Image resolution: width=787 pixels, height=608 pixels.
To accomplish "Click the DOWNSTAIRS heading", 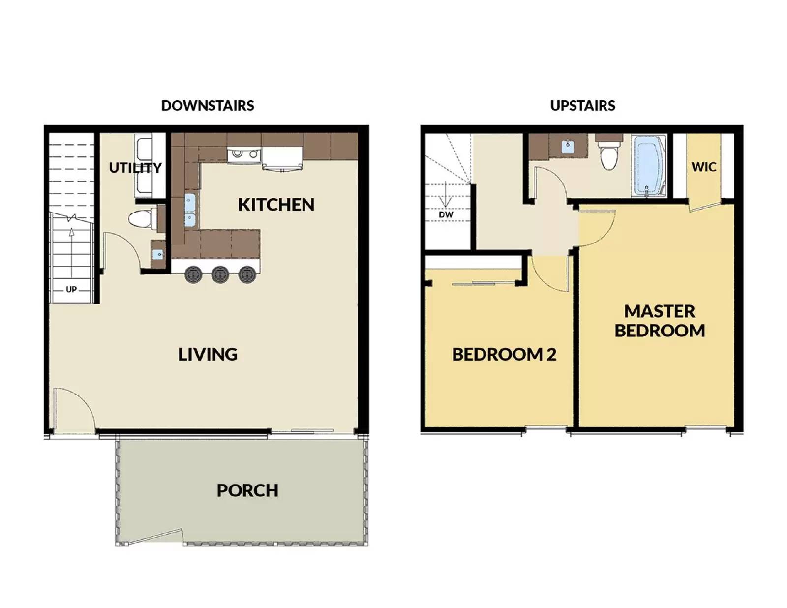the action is [208, 106].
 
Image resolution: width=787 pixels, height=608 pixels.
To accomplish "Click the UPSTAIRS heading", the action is [582, 106].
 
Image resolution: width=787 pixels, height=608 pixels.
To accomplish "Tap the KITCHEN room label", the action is [276, 205].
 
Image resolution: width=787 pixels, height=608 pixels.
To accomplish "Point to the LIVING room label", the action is [208, 354].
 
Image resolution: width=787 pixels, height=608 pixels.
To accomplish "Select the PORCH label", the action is [247, 490].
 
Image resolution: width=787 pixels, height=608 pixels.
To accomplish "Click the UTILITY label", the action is [135, 168].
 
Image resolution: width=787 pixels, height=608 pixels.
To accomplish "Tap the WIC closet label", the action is [704, 167].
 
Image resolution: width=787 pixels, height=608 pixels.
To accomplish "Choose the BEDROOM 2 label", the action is [504, 355].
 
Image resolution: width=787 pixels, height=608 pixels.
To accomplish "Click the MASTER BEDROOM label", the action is [660, 321].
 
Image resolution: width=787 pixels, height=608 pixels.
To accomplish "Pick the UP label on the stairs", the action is [71, 289].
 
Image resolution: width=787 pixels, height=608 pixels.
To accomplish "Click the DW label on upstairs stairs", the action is [446, 215].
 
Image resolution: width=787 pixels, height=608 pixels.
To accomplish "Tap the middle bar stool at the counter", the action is [220, 274].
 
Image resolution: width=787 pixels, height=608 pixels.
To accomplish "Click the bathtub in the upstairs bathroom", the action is [649, 167].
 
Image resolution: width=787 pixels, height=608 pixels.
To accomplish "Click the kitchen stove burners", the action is [244, 154].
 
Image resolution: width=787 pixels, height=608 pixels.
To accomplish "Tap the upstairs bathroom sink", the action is [568, 147].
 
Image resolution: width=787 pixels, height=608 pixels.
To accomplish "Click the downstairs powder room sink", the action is [158, 255].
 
